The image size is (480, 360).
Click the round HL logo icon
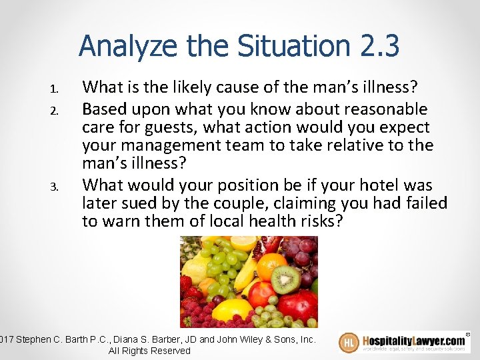point(349,343)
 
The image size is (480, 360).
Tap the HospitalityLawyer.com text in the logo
point(413,340)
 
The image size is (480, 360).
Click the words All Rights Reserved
point(149,351)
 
